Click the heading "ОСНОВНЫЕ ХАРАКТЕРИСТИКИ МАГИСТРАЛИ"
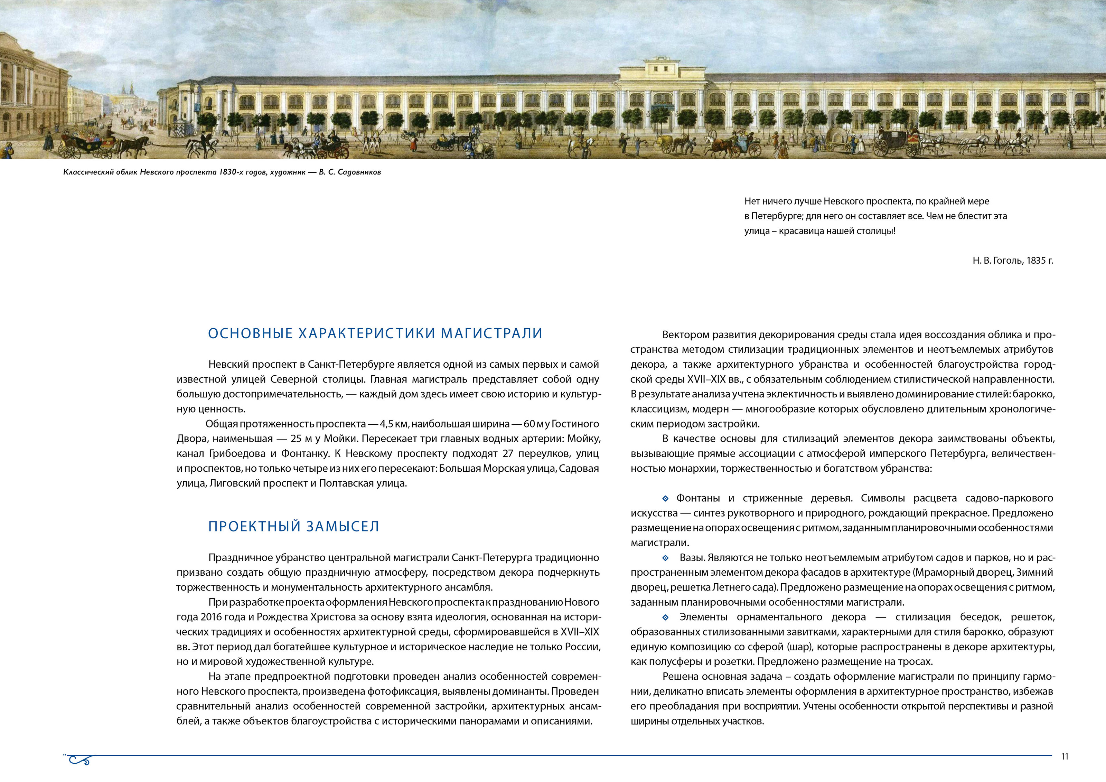(x=375, y=334)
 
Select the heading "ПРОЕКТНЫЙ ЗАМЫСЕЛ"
(x=293, y=527)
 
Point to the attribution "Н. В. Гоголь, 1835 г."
(x=1013, y=261)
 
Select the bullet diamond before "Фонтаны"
(x=666, y=498)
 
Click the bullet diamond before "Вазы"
(x=666, y=558)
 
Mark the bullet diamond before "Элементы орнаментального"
(x=666, y=617)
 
